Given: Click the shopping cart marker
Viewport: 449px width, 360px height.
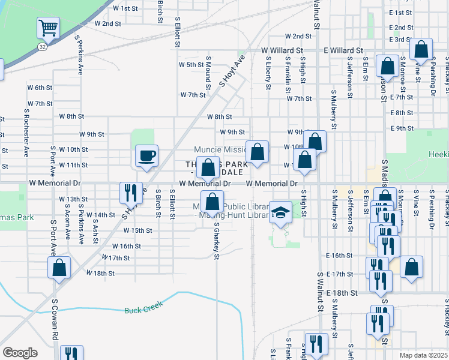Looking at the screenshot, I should pos(48,28).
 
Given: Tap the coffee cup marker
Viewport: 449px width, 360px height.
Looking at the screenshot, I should pos(147,156).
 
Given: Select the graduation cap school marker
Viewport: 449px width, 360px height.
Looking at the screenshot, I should pos(279,212).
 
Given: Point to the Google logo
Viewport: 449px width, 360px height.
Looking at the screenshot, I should pos(20,353).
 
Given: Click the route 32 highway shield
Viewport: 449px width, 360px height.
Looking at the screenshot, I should pos(40,45).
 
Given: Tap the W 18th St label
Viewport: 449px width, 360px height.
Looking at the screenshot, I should pos(100,273).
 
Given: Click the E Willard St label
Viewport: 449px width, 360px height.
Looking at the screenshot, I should pos(343,51).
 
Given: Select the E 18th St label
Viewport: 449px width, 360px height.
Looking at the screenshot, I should pos(343,293).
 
